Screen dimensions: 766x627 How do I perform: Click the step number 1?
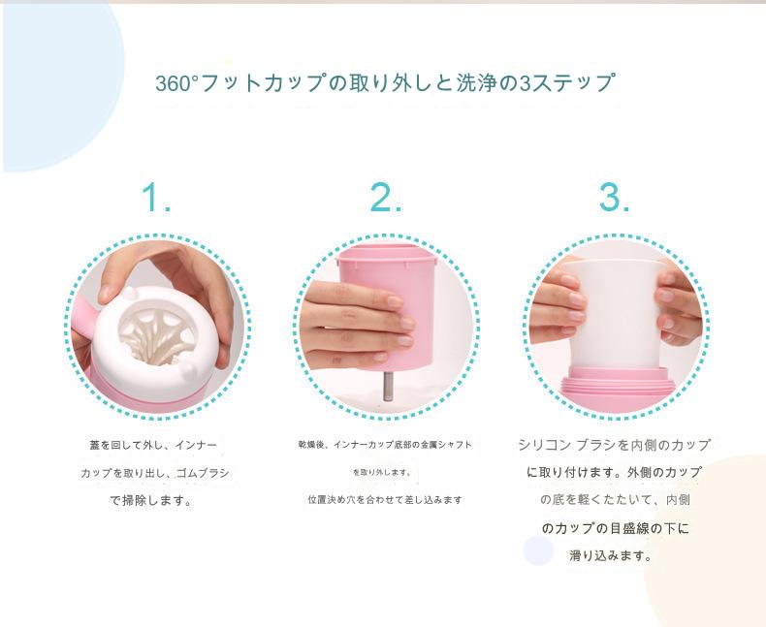(x=156, y=197)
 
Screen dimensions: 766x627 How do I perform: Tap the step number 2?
(x=386, y=197)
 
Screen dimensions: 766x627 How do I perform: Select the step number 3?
(x=614, y=197)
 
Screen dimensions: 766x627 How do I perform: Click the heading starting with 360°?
(x=385, y=82)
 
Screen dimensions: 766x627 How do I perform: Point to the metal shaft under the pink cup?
(x=388, y=386)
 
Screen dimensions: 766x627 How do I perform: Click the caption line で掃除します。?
(x=151, y=500)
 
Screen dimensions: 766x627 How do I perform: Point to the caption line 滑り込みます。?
(x=611, y=555)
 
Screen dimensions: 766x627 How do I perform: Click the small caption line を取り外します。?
(x=382, y=472)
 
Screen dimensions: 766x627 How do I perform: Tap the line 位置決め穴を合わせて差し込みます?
(x=385, y=499)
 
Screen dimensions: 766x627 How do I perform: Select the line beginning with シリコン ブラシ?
(x=614, y=445)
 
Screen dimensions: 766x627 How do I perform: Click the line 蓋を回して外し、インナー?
(x=152, y=445)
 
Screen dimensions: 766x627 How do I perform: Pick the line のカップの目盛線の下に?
(x=615, y=528)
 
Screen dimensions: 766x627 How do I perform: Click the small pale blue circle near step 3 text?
(x=538, y=550)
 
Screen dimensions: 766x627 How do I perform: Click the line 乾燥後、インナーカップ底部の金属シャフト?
(x=385, y=445)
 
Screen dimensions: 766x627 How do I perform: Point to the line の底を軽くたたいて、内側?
(x=615, y=499)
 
